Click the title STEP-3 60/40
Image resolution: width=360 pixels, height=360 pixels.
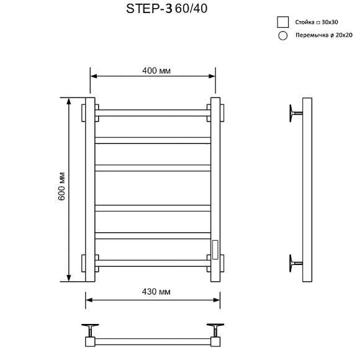coord(167,9)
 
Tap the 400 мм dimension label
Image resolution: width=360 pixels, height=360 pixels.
coord(156,71)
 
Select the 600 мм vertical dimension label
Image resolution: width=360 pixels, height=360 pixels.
coord(61,186)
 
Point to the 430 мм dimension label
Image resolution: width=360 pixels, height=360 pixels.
coord(156,292)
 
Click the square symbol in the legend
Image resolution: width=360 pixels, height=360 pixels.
coord(283,22)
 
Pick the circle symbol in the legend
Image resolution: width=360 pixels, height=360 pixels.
coord(282,35)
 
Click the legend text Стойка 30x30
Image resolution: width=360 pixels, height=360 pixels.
coord(317,22)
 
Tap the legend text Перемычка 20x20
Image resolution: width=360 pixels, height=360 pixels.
coord(324,35)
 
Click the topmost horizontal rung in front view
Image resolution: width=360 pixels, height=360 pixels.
coord(153,113)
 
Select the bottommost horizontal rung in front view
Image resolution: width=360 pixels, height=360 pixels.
coord(153,263)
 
